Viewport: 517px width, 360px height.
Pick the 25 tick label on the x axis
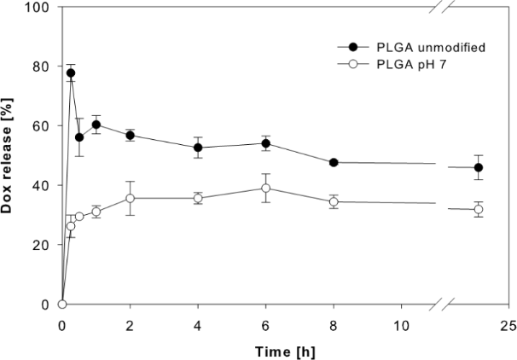pos(508,324)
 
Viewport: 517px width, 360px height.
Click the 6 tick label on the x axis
pos(266,324)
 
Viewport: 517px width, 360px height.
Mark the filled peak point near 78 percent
pos(71,73)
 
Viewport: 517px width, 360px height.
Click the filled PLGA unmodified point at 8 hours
pos(334,162)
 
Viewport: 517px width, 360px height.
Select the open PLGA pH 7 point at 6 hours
pos(266,188)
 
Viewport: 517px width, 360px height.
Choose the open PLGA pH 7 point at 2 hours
pos(130,198)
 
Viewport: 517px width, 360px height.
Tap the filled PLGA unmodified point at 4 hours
pos(198,148)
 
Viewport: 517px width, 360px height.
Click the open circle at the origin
pos(62,304)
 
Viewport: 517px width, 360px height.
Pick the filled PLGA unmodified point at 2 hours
pos(130,135)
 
